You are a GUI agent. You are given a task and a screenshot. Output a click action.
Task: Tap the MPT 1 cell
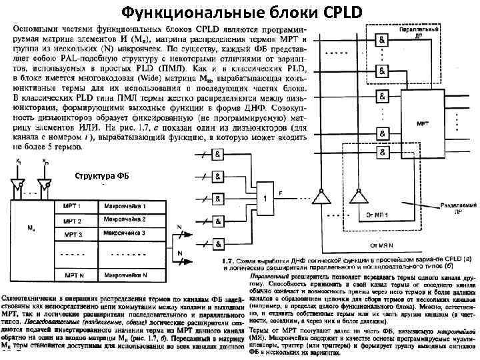(x=73, y=205)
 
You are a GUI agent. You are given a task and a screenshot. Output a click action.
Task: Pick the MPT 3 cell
(x=73, y=235)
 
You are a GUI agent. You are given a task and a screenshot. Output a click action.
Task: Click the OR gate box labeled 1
(x=265, y=198)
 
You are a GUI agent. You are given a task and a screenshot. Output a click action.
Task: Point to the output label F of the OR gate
(x=281, y=193)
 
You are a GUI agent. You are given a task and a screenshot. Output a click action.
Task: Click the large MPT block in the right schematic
(x=423, y=124)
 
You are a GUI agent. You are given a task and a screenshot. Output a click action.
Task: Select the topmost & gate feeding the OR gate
(x=218, y=153)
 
